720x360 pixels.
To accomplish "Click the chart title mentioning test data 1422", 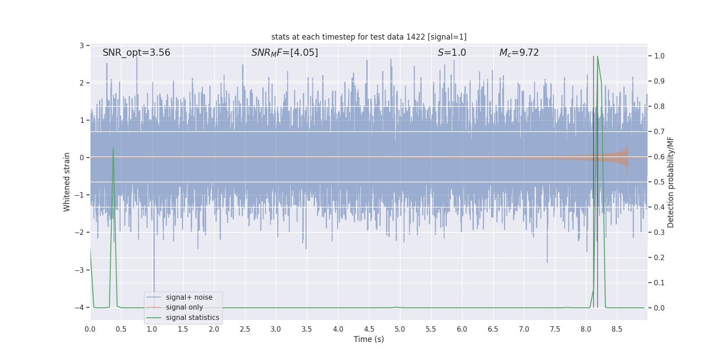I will tap(369, 37).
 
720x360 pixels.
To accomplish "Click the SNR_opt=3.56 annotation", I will tap(136, 53).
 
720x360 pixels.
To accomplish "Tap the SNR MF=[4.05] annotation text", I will tap(284, 53).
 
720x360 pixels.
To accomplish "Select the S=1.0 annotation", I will tap(452, 53).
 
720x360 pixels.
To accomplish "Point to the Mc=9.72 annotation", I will tap(519, 53).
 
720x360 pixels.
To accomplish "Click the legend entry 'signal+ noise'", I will tap(189, 297).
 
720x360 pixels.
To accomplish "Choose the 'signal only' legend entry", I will tap(184, 307).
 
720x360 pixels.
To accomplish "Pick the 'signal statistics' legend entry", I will tap(192, 318).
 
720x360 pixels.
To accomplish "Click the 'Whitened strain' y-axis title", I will tap(67, 182).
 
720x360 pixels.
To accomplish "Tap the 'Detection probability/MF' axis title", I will tap(670, 182).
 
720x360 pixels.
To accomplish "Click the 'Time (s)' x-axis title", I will tap(369, 339).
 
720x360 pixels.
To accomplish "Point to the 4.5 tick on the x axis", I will tap(369, 329).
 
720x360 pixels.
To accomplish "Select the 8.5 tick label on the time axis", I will tap(617, 329).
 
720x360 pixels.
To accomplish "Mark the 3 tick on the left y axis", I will tap(82, 45).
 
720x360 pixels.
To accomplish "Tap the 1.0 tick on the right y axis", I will tap(659, 56).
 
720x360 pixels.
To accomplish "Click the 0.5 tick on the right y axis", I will tap(659, 182).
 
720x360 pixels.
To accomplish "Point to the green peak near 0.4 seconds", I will tap(113, 148).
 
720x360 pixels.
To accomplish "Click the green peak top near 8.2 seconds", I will tap(598, 57).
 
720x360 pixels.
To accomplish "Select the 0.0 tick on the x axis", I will tap(90, 329).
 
